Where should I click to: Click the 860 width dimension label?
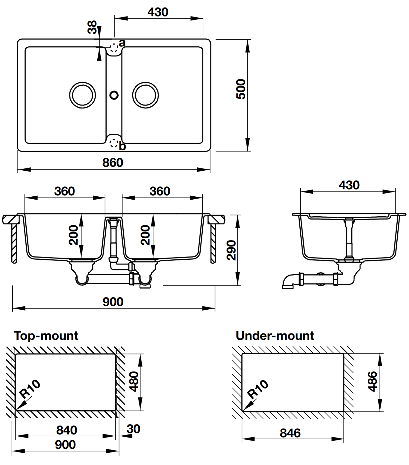(x=113, y=163)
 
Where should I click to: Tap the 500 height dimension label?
(x=241, y=89)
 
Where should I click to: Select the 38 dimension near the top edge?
(x=92, y=27)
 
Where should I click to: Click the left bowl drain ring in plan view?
(x=83, y=95)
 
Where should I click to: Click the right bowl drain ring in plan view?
(x=146, y=95)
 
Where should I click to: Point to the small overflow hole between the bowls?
(x=114, y=95)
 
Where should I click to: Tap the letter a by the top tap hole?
(x=122, y=43)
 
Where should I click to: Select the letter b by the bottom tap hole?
(x=122, y=146)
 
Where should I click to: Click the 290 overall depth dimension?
(x=231, y=250)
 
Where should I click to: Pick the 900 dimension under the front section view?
(x=113, y=302)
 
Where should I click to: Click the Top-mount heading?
(x=46, y=336)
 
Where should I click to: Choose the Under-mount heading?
(x=275, y=336)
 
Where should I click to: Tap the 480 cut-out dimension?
(x=134, y=382)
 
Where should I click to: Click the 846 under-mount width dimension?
(x=290, y=433)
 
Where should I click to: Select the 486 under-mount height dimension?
(x=372, y=382)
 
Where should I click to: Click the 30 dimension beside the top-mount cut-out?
(x=133, y=429)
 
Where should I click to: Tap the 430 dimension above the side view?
(x=349, y=185)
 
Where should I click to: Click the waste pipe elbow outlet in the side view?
(x=288, y=282)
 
